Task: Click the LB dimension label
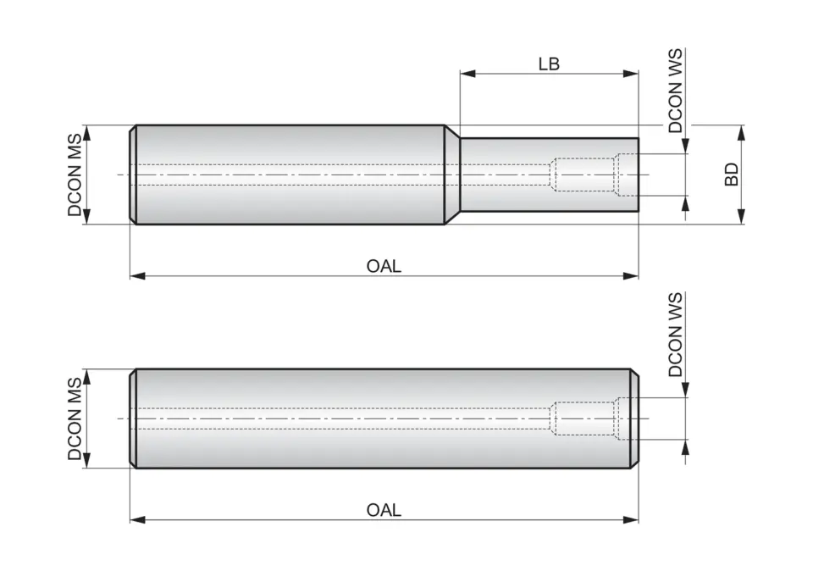tap(549, 64)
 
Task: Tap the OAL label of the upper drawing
tap(384, 266)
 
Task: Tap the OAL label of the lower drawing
tap(384, 510)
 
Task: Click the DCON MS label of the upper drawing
tap(76, 175)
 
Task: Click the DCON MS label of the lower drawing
tap(76, 419)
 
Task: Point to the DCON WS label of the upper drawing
tap(675, 91)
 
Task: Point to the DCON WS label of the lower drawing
tap(675, 335)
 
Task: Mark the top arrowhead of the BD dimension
tap(742, 131)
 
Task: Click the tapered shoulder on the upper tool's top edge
tap(452, 131)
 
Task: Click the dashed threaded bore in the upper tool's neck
tap(584, 175)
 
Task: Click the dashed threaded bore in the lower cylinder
tap(584, 419)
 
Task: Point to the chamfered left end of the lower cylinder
tap(133, 419)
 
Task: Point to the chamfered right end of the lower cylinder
tap(634, 419)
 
